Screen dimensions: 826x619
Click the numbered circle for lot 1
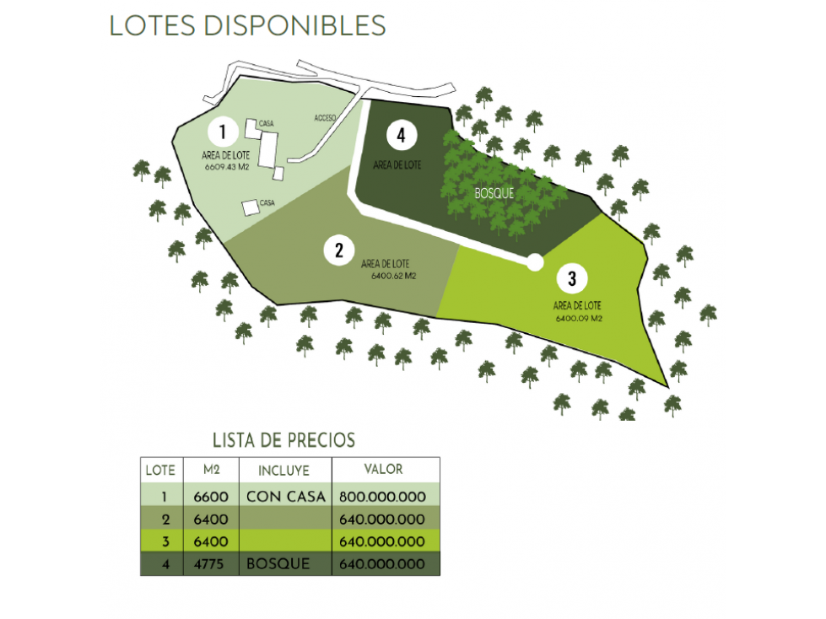(223, 132)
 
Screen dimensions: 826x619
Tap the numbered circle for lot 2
(338, 250)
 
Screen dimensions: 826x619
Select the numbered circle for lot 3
(572, 278)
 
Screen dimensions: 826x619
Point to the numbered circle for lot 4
(402, 135)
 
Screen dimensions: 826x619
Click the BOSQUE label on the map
(494, 193)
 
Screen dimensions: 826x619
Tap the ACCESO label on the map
(325, 118)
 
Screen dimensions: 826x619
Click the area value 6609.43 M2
(226, 167)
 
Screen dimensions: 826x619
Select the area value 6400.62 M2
(393, 276)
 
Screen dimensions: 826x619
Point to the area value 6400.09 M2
(579, 319)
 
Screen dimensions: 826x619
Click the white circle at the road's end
(535, 262)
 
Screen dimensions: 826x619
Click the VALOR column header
(384, 469)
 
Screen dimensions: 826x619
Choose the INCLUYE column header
(284, 471)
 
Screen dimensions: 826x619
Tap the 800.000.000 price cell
(382, 497)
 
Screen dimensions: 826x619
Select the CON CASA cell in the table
(286, 497)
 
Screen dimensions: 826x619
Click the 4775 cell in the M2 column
(209, 564)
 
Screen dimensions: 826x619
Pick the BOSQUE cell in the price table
(278, 563)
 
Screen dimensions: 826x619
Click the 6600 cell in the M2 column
(211, 497)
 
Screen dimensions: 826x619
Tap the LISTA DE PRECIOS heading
(284, 440)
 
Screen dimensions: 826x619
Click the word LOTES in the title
(152, 25)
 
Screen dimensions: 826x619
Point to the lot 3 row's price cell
(382, 541)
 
